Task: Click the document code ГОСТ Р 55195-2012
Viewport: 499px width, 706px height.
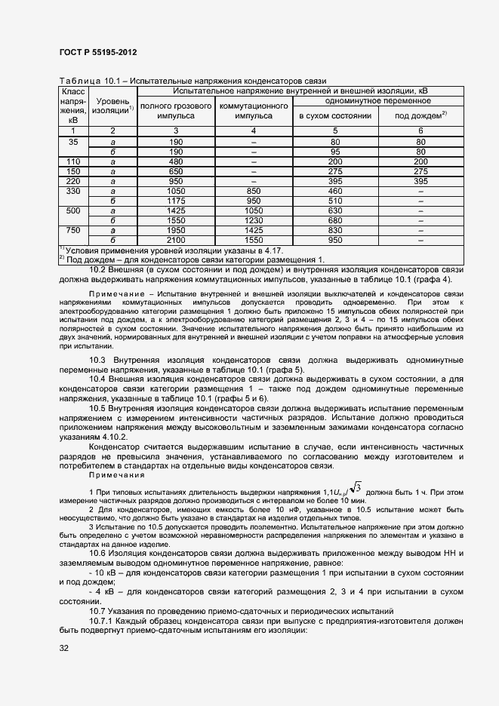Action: [98, 52]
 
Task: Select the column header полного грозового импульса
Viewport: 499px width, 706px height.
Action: [176, 111]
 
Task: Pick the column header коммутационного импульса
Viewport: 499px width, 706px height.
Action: [254, 111]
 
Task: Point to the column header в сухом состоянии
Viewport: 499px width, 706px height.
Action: [335, 115]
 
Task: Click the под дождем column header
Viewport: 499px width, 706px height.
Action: [420, 115]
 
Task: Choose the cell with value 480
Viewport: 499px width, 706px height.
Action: [176, 161]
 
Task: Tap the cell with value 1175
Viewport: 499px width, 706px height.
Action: [176, 201]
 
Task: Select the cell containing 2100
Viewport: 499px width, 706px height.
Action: [176, 239]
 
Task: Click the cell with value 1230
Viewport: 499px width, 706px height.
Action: [254, 219]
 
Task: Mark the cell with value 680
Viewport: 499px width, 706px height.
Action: [335, 219]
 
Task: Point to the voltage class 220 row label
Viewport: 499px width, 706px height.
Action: [73, 181]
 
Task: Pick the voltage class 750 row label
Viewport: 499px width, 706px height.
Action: [73, 229]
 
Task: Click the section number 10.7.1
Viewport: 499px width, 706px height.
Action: [102, 619]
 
